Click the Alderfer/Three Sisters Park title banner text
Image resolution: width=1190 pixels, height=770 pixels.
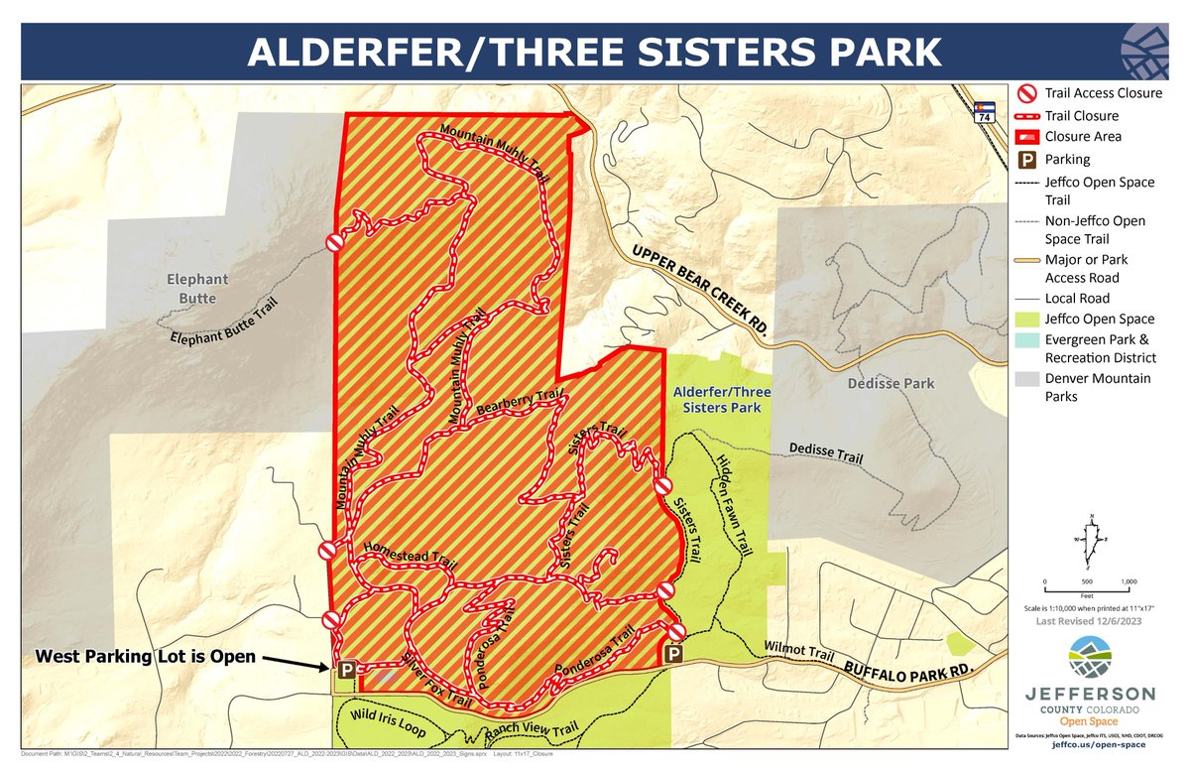click(595, 52)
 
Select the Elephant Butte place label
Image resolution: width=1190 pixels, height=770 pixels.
click(197, 289)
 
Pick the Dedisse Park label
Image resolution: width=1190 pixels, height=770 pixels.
click(891, 383)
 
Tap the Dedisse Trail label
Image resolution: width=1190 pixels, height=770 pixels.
click(825, 453)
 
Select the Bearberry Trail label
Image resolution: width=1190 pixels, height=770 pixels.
click(518, 403)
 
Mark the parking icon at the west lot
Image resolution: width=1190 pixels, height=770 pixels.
click(347, 669)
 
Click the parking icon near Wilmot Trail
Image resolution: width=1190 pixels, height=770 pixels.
click(673, 654)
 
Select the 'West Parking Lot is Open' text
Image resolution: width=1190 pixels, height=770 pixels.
click(146, 657)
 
